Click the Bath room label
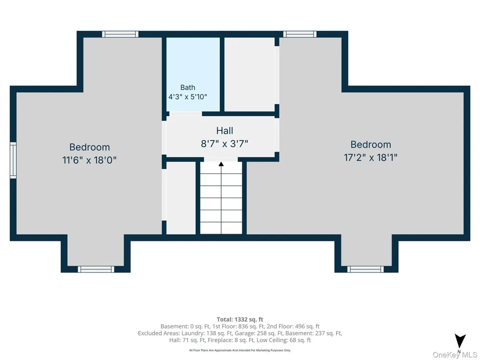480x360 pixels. [188, 87]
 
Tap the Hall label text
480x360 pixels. [225, 131]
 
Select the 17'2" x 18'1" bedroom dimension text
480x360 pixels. [371, 157]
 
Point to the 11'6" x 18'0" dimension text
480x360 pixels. [89, 160]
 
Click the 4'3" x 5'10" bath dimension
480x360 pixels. [188, 97]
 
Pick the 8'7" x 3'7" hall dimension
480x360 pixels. [224, 144]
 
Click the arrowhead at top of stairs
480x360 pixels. [221, 164]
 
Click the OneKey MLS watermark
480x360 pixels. [455, 355]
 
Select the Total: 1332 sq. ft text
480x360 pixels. [240, 320]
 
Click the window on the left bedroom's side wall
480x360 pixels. [13, 160]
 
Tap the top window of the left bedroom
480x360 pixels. [120, 34]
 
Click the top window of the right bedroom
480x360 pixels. [300, 34]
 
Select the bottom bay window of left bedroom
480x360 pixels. [96, 269]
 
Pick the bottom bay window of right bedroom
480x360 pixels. [365, 269]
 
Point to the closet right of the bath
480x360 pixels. [250, 74]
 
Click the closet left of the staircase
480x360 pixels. [181, 198]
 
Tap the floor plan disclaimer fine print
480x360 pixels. [240, 350]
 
